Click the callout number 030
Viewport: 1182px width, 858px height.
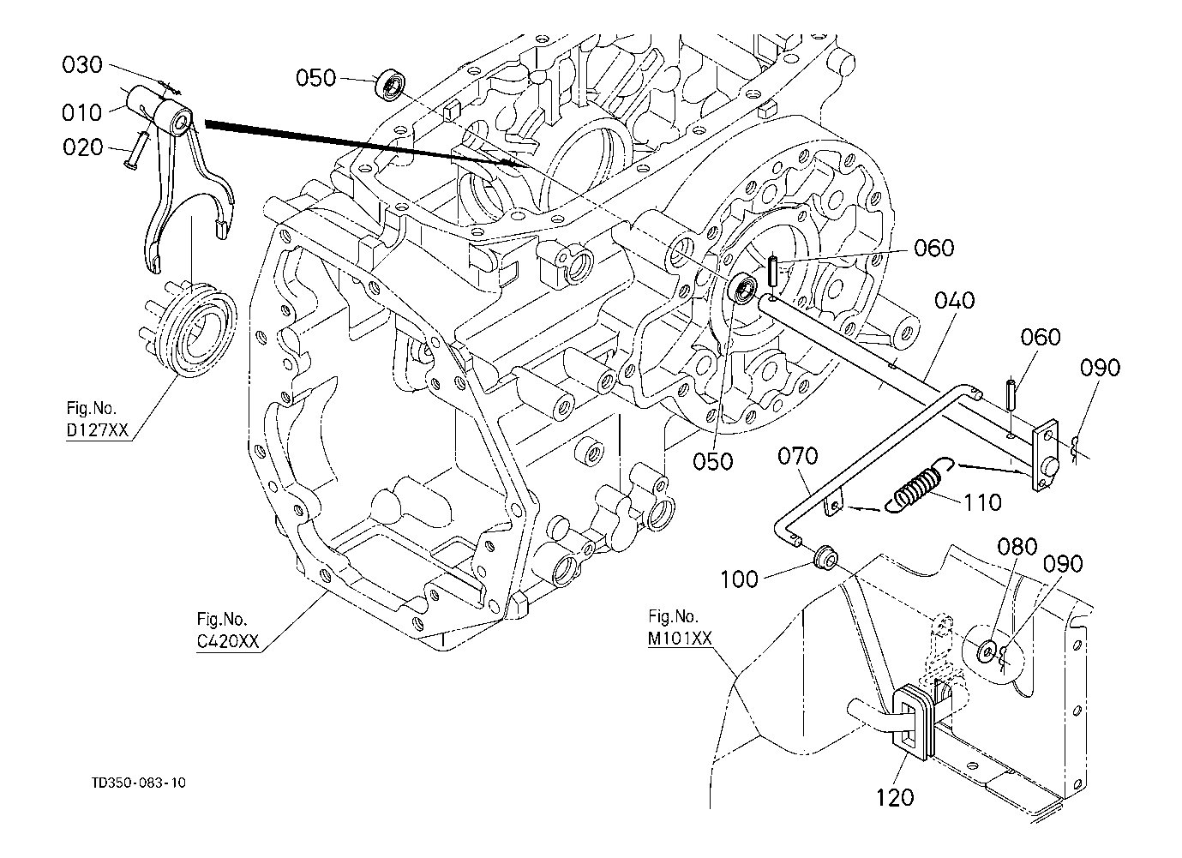tap(82, 65)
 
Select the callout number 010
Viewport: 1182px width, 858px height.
tap(82, 112)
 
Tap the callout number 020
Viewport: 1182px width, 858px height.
tap(82, 147)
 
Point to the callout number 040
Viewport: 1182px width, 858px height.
tap(955, 301)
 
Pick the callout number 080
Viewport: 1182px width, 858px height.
tap(1017, 546)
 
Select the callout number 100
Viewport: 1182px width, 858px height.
tap(740, 579)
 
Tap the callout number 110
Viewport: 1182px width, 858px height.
tap(981, 501)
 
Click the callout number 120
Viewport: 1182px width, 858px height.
tap(895, 797)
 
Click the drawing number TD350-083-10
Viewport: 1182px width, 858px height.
tap(140, 783)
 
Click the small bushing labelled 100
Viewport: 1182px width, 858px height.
tap(827, 557)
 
